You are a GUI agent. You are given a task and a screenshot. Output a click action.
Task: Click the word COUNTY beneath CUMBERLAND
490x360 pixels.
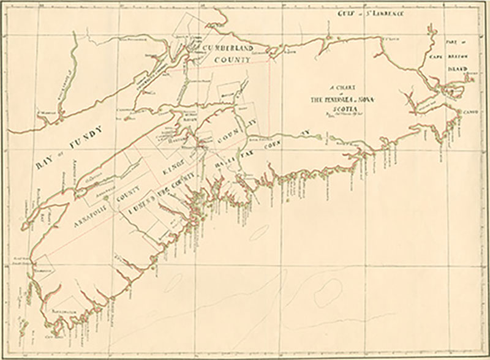tap(232, 59)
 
